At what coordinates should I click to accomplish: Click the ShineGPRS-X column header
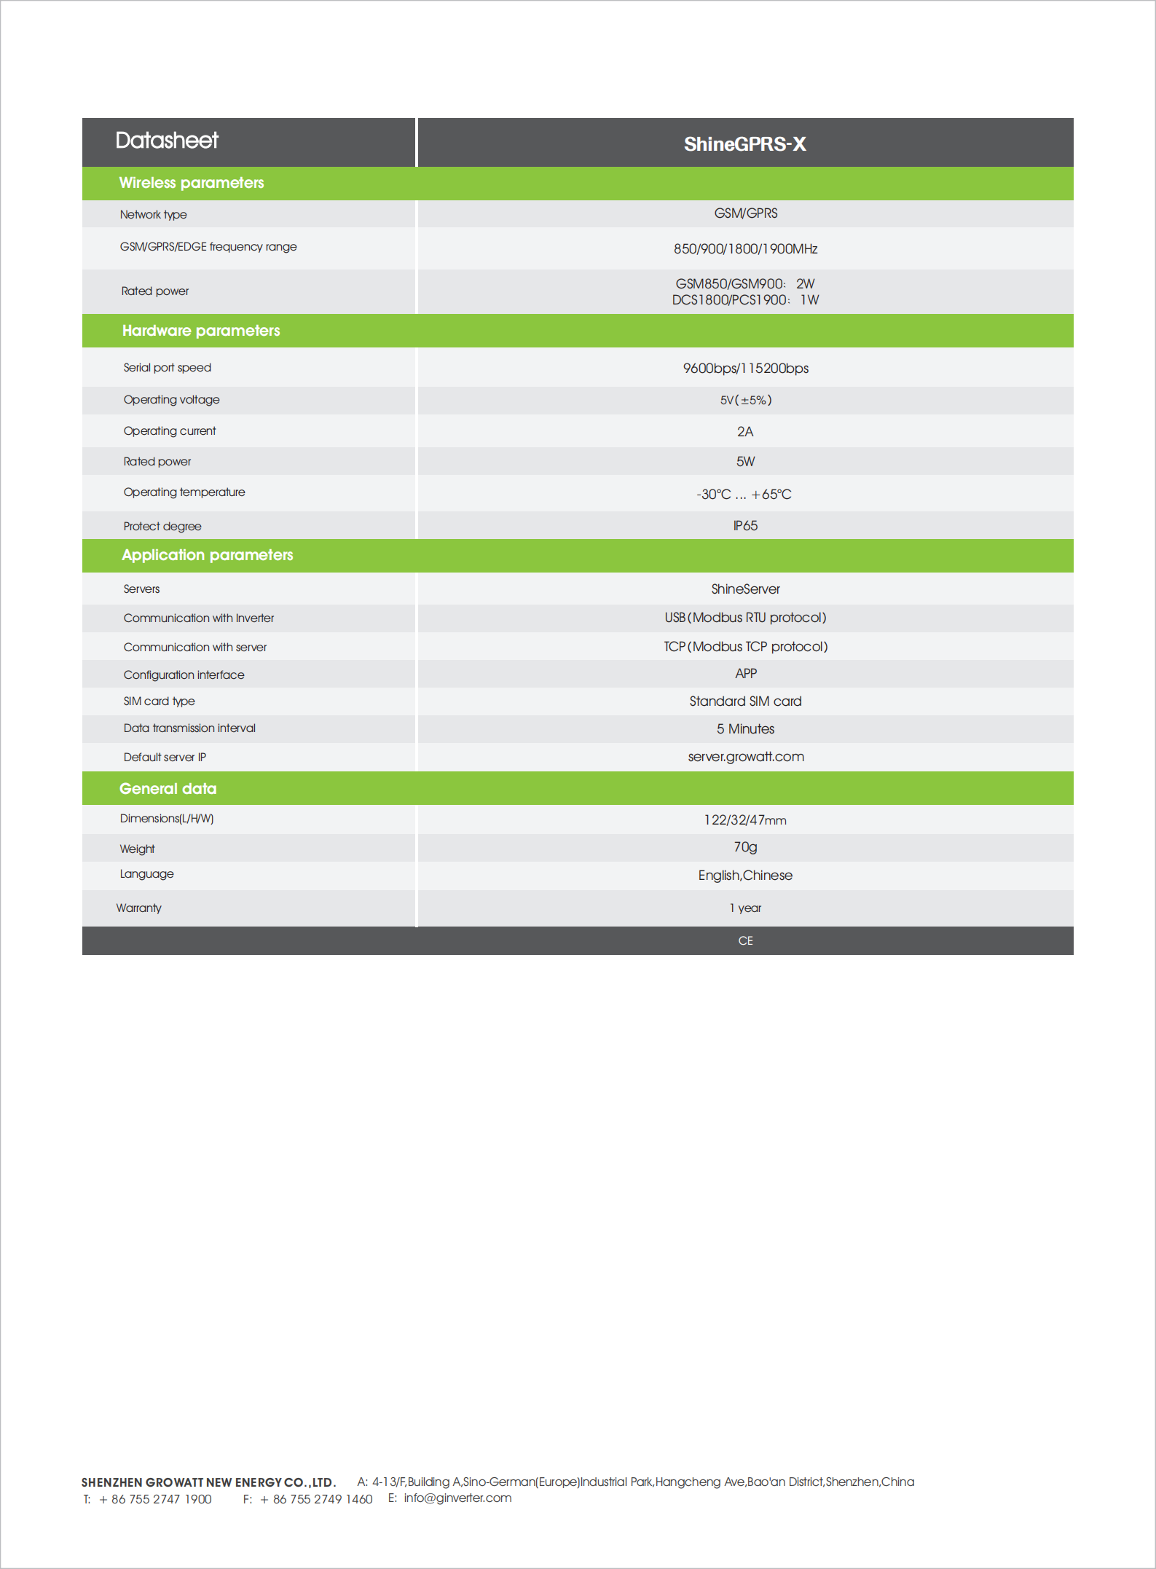click(x=744, y=143)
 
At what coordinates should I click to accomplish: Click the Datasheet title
click(x=167, y=140)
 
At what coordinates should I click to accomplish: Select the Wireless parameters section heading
click(x=192, y=183)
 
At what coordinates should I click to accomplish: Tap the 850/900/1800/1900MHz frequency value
click(x=745, y=249)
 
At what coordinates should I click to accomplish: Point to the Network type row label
click(x=154, y=215)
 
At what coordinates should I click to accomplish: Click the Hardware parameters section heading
click(x=201, y=331)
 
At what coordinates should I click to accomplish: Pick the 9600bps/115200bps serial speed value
click(x=745, y=369)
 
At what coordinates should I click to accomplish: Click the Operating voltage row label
click(x=171, y=400)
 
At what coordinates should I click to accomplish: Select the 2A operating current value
click(x=745, y=432)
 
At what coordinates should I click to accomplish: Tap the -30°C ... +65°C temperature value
click(x=744, y=495)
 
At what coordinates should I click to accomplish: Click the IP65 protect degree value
click(x=745, y=526)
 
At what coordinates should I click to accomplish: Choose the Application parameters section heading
click(x=208, y=555)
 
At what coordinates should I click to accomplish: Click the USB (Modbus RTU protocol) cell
click(x=745, y=618)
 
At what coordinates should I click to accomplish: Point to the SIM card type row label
click(x=159, y=701)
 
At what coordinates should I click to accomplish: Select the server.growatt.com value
click(x=746, y=757)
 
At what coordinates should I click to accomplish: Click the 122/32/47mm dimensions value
click(x=745, y=820)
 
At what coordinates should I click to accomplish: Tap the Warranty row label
click(x=139, y=908)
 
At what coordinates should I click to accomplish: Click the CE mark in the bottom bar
click(x=745, y=941)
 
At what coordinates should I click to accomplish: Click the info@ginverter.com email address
click(x=457, y=1498)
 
